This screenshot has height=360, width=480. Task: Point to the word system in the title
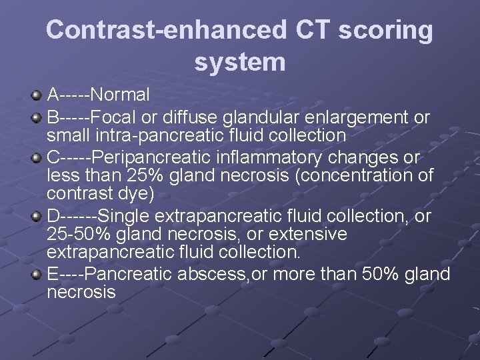coord(239,62)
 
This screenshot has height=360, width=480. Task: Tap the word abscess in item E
coord(212,274)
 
